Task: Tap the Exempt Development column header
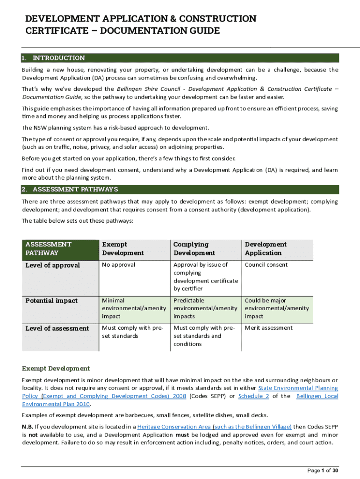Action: (x=122, y=248)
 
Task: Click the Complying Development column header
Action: (x=194, y=248)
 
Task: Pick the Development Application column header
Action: (x=266, y=248)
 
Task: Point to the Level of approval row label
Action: (x=52, y=265)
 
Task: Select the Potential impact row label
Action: (x=51, y=301)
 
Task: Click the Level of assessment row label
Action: (x=57, y=328)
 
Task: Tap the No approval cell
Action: (x=118, y=265)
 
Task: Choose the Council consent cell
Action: (x=266, y=265)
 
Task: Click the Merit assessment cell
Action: (x=268, y=328)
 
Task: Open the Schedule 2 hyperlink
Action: (x=253, y=396)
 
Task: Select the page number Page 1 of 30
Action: (x=322, y=470)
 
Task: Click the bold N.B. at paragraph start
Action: (x=27, y=427)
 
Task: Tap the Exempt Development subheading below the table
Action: (x=56, y=369)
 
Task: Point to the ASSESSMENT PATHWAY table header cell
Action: (x=49, y=248)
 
